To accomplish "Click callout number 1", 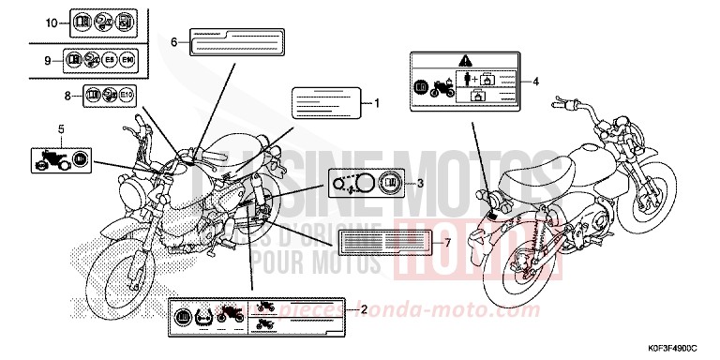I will click(377, 102).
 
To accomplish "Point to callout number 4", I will click(536, 82).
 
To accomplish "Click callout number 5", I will click(61, 127).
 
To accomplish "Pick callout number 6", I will click(173, 42).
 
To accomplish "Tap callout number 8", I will click(67, 95).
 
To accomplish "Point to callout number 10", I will click(51, 21).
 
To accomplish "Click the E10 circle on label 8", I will click(127, 95).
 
